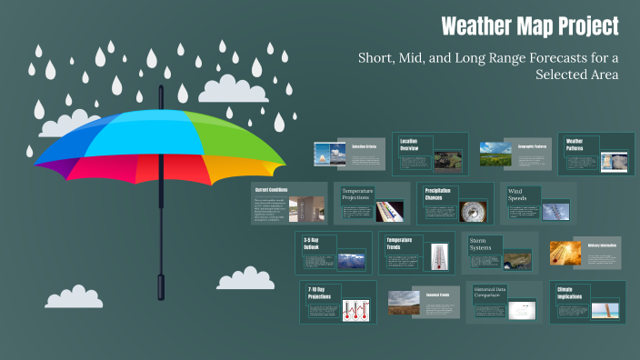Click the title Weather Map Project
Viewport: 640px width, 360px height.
(x=529, y=26)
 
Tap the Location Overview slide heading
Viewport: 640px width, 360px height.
(x=415, y=145)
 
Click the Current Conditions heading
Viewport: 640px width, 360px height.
(x=272, y=190)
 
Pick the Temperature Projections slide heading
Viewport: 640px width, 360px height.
(x=358, y=195)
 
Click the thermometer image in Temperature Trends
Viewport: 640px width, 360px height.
(x=440, y=255)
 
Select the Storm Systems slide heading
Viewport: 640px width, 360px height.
(x=483, y=245)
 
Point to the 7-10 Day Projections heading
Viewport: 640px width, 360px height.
(x=319, y=294)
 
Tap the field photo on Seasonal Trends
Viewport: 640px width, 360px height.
(x=404, y=303)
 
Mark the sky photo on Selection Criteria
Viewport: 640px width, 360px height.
(x=325, y=155)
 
